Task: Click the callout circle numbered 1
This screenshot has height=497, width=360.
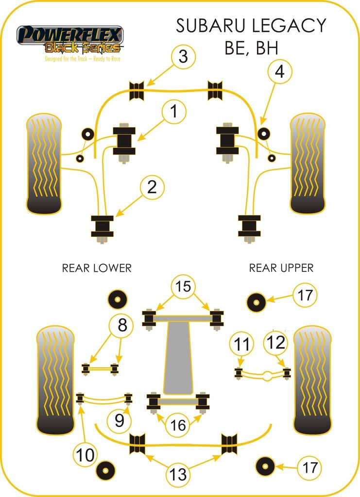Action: coord(173,113)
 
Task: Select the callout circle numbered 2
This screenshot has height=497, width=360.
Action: coord(153,187)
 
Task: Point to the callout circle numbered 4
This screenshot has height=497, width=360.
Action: coord(279,73)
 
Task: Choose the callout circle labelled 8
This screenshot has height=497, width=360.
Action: coord(122,326)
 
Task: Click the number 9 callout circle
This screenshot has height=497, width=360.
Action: coord(120,420)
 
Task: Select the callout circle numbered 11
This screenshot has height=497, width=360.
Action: coord(241,344)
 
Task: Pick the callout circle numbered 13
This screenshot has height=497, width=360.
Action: coord(179,474)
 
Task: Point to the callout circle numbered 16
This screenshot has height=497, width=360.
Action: coord(178,425)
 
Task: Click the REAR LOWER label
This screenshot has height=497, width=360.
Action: coord(97,268)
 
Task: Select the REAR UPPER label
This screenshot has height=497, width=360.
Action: coord(281,267)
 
